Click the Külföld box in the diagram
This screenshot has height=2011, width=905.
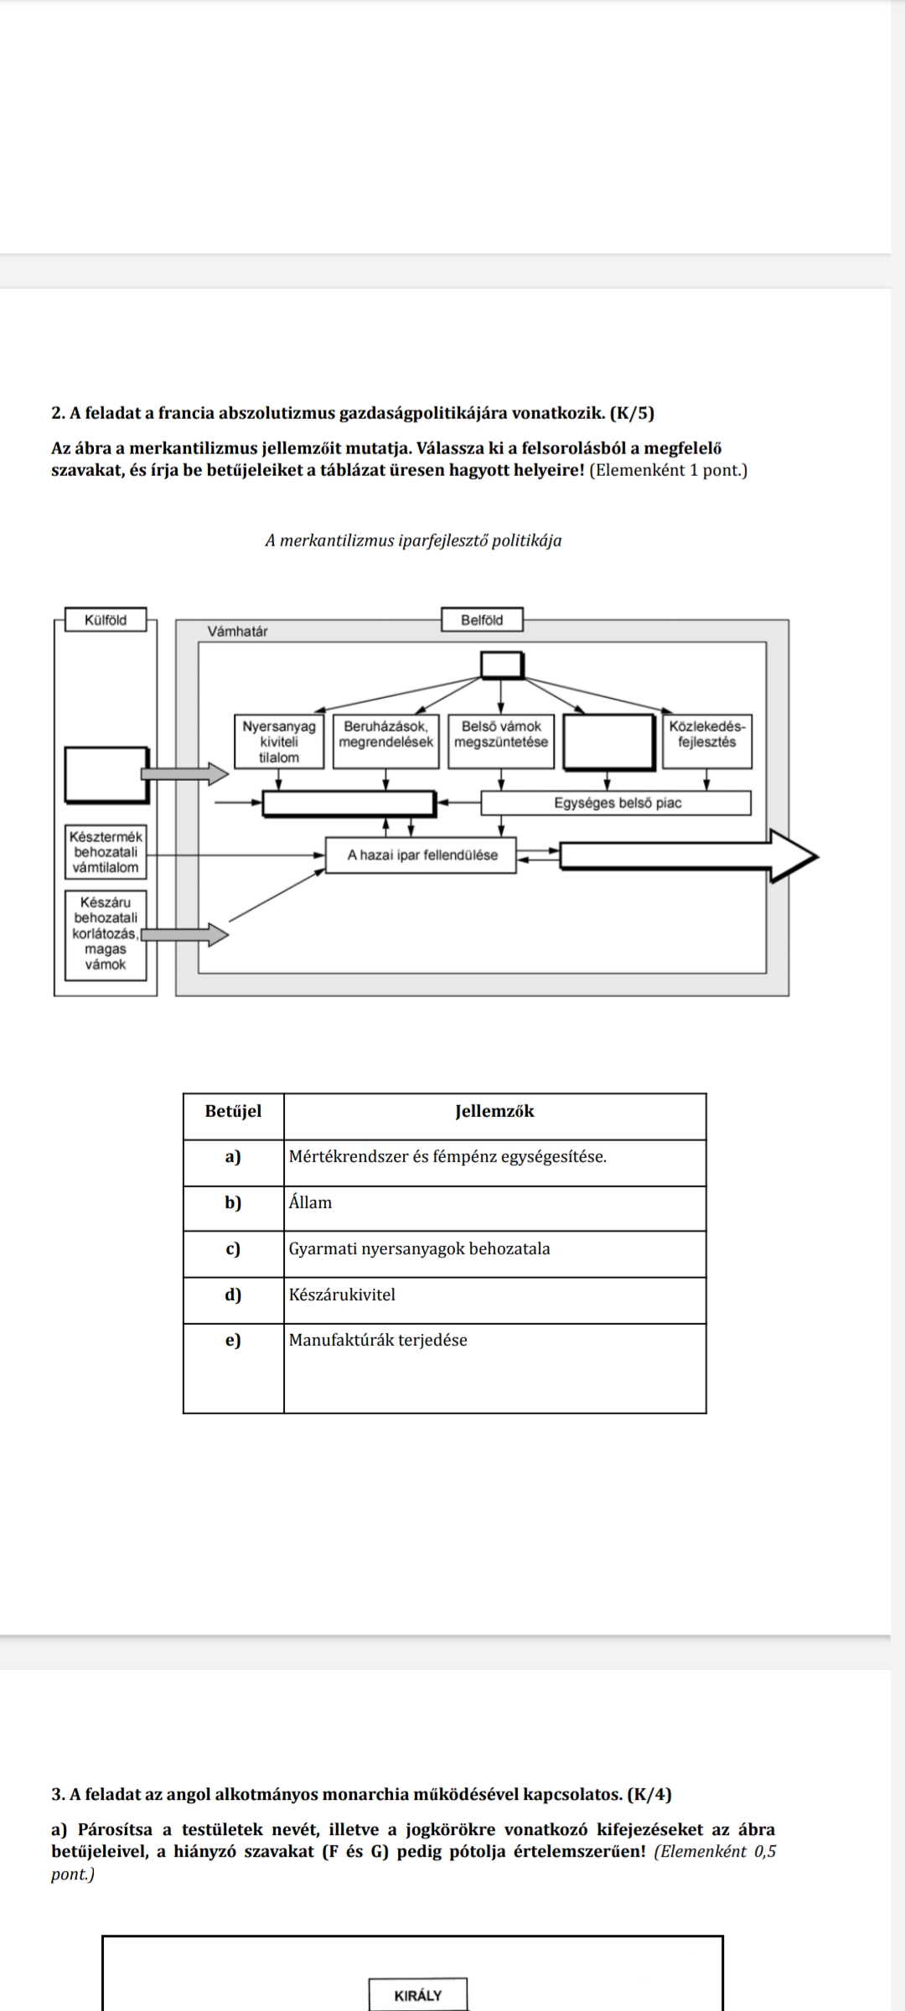pos(106,621)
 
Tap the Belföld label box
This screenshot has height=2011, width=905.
pos(482,621)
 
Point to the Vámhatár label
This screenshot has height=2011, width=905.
pos(238,632)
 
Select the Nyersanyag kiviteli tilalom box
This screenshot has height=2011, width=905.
pos(279,742)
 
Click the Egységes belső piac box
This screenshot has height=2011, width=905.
pos(617,804)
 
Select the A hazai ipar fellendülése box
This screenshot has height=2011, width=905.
pos(421,856)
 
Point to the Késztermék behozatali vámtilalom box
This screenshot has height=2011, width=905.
pos(106,852)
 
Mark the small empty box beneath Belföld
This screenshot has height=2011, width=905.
pos(502,665)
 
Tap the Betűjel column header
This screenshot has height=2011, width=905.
pos(234,1112)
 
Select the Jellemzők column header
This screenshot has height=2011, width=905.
pos(494,1112)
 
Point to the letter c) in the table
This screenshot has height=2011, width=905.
pos(234,1249)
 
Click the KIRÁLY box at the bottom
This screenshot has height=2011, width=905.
pos(417,1996)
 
